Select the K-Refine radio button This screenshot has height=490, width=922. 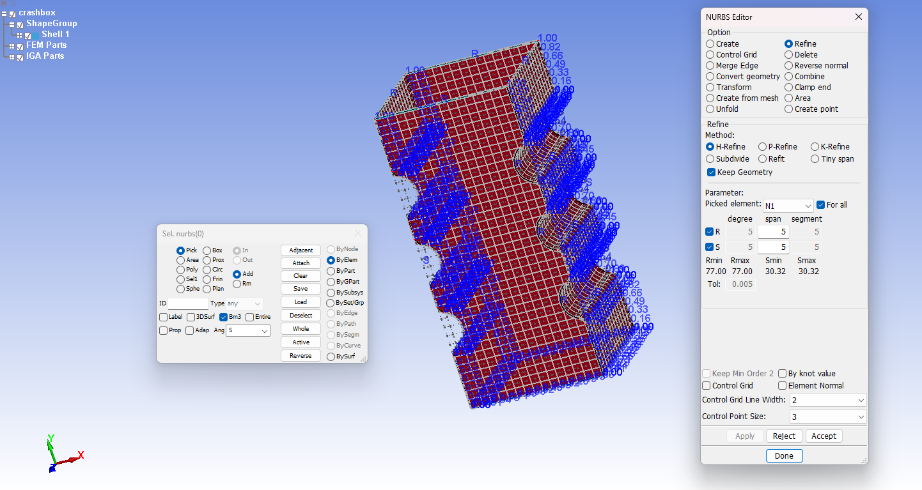click(x=815, y=147)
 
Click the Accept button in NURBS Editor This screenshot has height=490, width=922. click(x=824, y=436)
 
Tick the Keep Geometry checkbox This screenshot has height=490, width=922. click(x=711, y=172)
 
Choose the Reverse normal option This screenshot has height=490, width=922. click(x=789, y=66)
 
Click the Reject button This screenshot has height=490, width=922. click(x=784, y=436)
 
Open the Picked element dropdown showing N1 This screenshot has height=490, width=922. click(x=788, y=206)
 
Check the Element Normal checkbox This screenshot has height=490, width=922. click(x=782, y=386)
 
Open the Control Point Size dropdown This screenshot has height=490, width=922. click(x=827, y=417)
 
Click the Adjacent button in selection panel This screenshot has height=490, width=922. click(x=301, y=250)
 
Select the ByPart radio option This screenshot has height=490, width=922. click(x=331, y=271)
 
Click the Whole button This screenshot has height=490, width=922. click(x=301, y=329)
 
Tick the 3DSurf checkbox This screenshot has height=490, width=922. click(x=191, y=317)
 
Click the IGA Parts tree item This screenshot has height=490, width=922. click(x=45, y=56)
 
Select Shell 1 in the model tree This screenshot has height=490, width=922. click(x=56, y=34)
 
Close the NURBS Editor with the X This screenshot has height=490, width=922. click(x=859, y=17)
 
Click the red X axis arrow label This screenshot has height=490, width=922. click(x=81, y=456)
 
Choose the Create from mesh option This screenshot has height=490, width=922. click(x=710, y=98)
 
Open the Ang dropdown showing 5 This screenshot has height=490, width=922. click(x=248, y=331)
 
